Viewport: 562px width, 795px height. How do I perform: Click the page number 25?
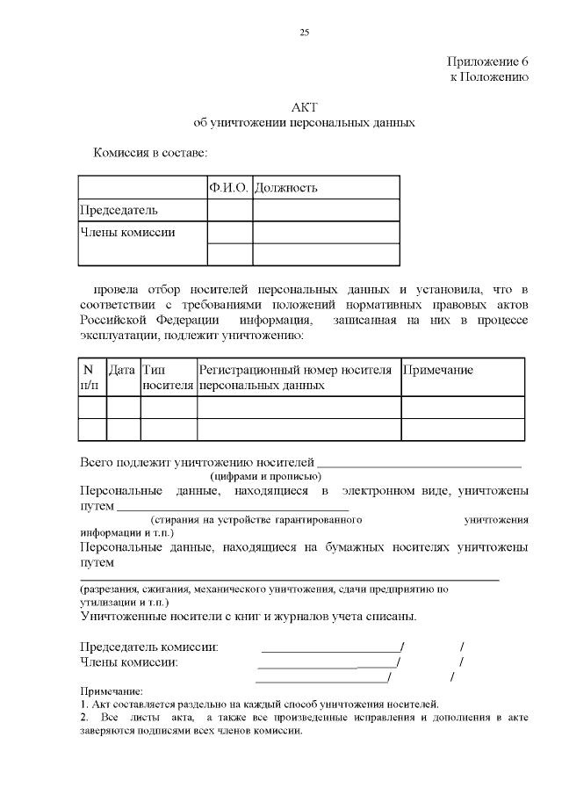(x=305, y=33)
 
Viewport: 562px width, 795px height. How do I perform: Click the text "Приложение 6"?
(x=487, y=61)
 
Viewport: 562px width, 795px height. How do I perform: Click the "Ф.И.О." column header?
(x=229, y=188)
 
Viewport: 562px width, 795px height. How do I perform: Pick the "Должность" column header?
(x=286, y=188)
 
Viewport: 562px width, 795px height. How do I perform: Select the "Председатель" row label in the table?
(x=119, y=210)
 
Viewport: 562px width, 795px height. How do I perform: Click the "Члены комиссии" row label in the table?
(x=127, y=233)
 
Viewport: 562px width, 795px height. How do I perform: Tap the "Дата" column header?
(x=122, y=370)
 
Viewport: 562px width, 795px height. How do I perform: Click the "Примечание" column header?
(x=437, y=370)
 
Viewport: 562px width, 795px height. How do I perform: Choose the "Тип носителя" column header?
(x=168, y=377)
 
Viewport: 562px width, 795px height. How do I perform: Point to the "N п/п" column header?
(x=90, y=377)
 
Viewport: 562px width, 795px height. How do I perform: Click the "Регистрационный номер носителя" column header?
(x=295, y=370)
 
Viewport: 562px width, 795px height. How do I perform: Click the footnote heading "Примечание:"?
(x=111, y=691)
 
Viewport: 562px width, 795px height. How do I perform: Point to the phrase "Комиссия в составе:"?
(x=150, y=154)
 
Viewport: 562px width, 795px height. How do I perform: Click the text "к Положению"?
(x=489, y=77)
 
